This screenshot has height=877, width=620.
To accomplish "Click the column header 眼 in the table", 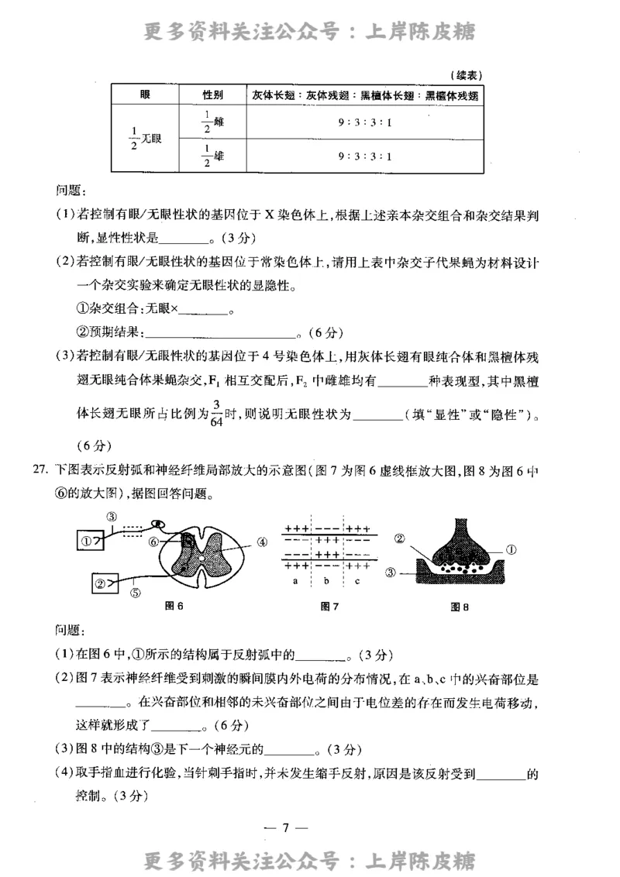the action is point(145,95).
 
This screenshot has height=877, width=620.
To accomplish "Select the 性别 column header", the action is point(213,95).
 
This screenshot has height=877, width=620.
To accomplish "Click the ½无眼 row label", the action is point(145,139).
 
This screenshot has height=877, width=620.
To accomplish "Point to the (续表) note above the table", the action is point(466,75).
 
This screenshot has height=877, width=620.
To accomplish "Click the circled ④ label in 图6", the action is point(262,542).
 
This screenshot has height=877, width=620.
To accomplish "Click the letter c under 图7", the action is point(356,579).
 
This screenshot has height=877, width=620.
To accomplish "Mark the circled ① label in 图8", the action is point(511,548).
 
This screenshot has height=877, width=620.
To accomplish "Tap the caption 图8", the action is point(460,607).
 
